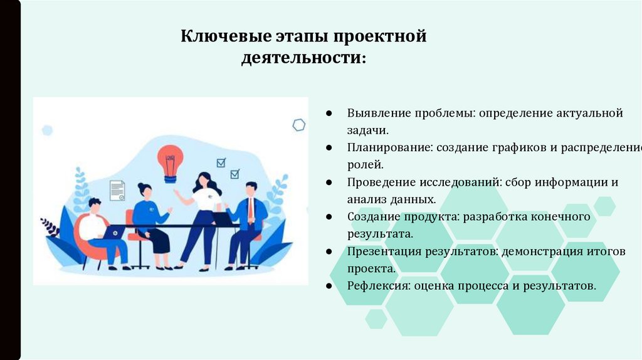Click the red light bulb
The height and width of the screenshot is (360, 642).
pyautogui.click(x=168, y=159)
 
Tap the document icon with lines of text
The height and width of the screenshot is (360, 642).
pyautogui.click(x=117, y=190)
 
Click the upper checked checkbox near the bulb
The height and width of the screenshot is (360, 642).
pyautogui.click(x=221, y=163)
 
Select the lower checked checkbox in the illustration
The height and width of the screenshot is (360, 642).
pyautogui.click(x=234, y=174)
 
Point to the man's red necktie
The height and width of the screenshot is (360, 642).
pyautogui.click(x=250, y=208)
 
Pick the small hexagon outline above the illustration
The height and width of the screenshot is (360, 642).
pyautogui.click(x=299, y=125)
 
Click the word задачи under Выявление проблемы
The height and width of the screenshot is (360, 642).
pyautogui.click(x=368, y=131)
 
